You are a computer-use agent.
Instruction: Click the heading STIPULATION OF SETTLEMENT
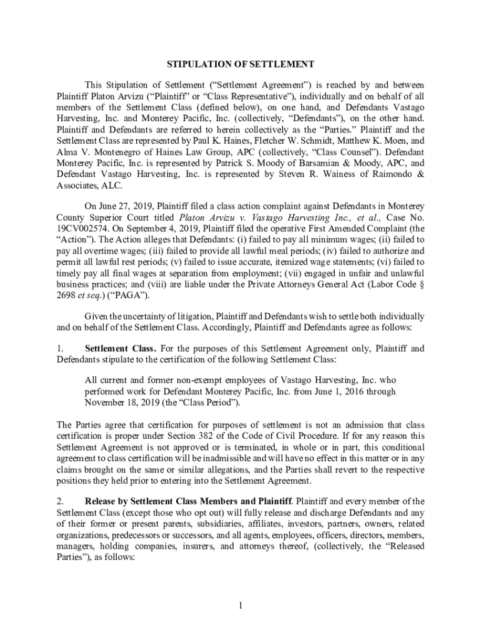coord(240,64)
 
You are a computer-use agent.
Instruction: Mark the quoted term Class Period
coord(210,402)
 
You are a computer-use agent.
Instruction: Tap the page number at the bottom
coord(240,605)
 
